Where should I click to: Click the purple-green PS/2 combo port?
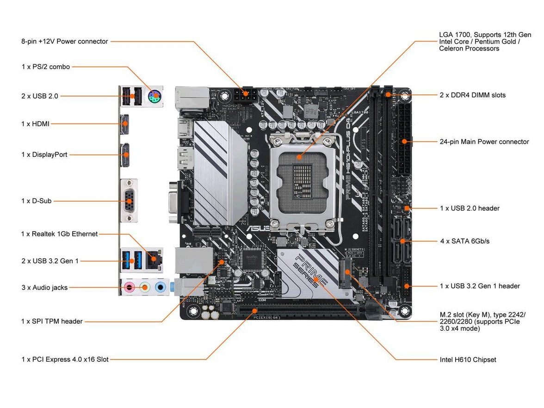[x=154, y=97]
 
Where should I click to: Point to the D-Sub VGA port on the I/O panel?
[x=128, y=201]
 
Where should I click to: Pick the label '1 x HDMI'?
[x=35, y=124]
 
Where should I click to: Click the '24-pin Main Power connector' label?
[x=484, y=142]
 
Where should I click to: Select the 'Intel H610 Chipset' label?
[x=468, y=359]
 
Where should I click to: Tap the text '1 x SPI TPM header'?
[x=52, y=321]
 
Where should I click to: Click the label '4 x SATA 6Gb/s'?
[x=464, y=241]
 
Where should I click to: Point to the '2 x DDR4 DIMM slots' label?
[x=472, y=95]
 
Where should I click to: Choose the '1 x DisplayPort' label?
[x=44, y=155]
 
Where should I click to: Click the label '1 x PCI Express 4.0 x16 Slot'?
[x=65, y=359]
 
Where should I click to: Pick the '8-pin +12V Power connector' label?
[x=65, y=41]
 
